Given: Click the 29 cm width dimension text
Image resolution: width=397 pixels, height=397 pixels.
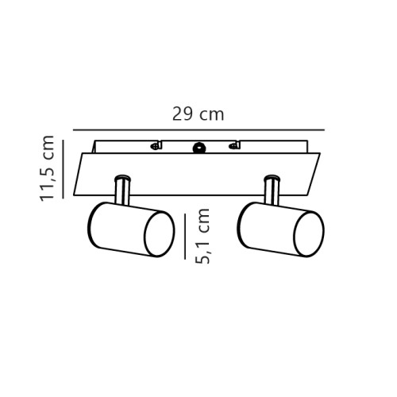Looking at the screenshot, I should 198,114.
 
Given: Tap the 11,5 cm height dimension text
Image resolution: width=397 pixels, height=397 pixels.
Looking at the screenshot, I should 48,168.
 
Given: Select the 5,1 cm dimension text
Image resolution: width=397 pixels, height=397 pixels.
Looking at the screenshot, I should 202,235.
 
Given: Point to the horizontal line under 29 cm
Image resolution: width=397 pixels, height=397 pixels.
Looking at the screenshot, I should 198,129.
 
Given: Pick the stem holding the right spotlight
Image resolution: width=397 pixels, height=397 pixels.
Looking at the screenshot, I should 272,191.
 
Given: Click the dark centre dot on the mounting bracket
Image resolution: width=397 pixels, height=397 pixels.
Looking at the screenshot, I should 198,147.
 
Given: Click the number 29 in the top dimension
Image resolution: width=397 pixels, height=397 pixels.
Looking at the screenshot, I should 183,114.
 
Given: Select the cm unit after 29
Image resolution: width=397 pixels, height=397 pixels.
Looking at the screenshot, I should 211,115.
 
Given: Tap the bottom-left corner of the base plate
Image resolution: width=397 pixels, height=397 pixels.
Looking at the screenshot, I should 74,195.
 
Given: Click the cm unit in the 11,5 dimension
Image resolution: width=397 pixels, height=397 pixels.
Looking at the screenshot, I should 48,146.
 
